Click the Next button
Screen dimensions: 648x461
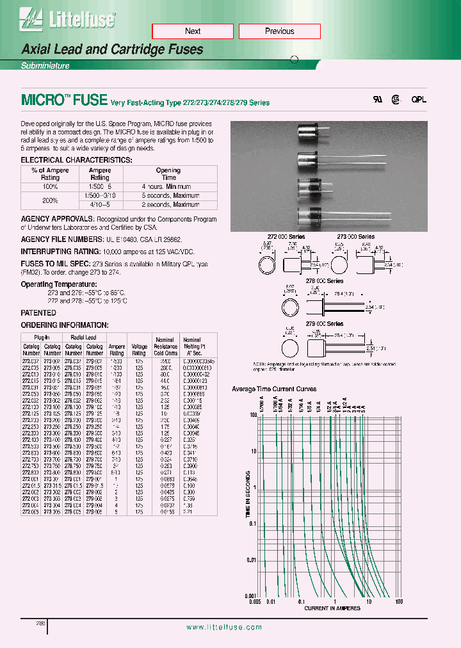(x=192, y=31)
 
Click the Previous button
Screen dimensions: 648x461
(x=279, y=31)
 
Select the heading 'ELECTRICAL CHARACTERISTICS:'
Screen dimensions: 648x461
(x=77, y=159)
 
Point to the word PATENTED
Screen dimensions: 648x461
(x=38, y=312)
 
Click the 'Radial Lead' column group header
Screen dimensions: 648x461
(x=84, y=337)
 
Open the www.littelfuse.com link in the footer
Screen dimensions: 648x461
(x=223, y=628)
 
